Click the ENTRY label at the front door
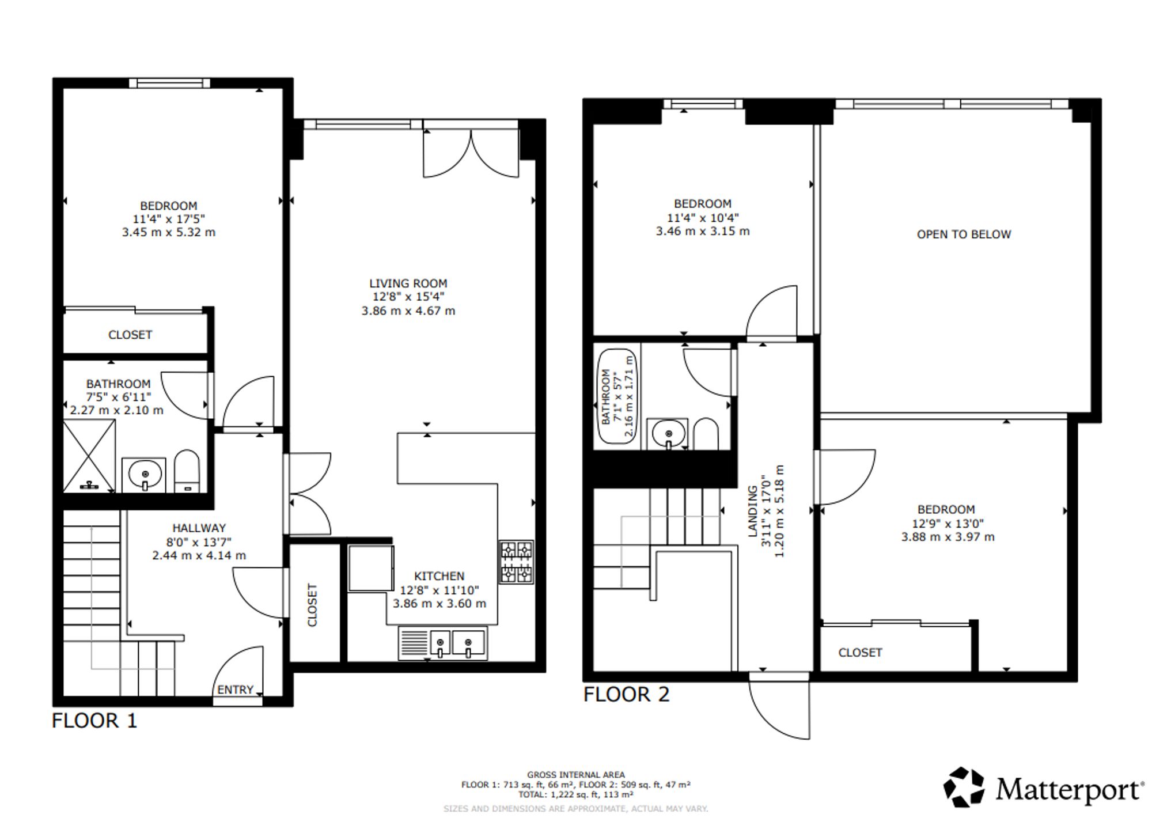click(235, 690)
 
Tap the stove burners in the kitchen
click(516, 562)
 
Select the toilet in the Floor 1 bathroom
click(187, 471)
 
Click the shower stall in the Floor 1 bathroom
click(89, 456)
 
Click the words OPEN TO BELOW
click(964, 234)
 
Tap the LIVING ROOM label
click(408, 283)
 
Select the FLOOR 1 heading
click(94, 721)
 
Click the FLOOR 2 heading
click(627, 694)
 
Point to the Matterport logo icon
click(964, 787)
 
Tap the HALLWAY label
click(199, 528)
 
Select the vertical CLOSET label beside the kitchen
click(313, 605)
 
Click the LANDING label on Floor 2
click(753, 511)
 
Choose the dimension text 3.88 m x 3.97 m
click(948, 537)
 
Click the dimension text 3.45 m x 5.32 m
click(169, 232)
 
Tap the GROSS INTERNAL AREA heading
click(575, 775)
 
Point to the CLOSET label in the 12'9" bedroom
click(860, 653)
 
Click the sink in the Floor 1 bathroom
click(144, 475)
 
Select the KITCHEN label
click(439, 576)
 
